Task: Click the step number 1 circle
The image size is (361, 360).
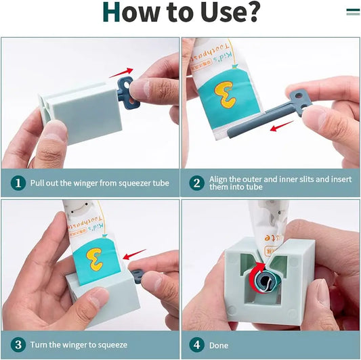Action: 17,183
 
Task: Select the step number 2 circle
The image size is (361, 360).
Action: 197,183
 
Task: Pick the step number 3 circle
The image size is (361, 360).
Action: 17,344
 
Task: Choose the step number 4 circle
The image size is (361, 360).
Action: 197,344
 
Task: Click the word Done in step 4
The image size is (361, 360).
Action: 219,345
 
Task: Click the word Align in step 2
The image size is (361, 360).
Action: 220,179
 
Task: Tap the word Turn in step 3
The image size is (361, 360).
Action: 39,345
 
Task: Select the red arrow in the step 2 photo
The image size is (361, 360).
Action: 282,126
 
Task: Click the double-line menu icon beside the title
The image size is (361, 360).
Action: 352,12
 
